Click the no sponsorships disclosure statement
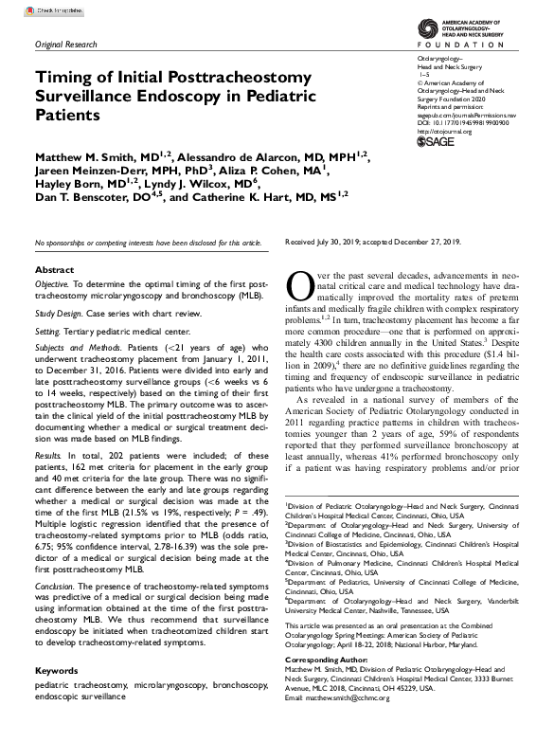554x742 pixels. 148,244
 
